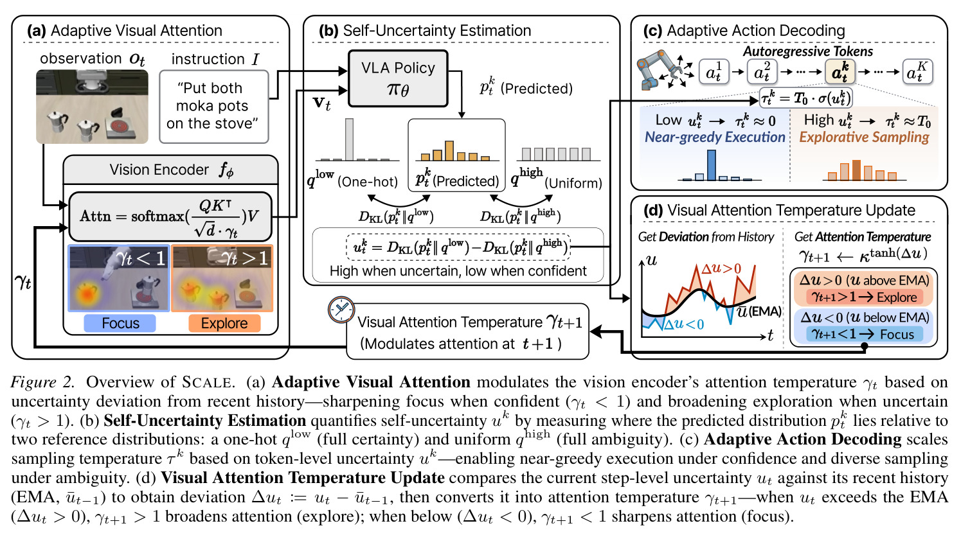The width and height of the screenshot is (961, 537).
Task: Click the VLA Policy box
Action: [x=398, y=78]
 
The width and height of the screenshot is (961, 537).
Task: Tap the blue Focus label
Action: [x=120, y=323]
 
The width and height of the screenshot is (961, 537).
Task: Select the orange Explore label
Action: [x=224, y=323]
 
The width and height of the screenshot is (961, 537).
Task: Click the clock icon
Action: [x=341, y=309]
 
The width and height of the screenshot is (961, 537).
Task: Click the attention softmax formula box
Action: [x=170, y=216]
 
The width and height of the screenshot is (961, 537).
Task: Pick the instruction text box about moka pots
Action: [x=213, y=106]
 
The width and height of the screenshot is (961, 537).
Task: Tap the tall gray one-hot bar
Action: [x=349, y=139]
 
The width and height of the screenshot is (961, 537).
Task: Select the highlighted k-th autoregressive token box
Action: [x=840, y=71]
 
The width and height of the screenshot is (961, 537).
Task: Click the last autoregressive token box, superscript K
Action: [x=918, y=71]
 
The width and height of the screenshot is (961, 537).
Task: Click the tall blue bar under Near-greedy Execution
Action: [x=711, y=164]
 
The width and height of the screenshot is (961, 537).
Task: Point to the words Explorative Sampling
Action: [x=864, y=137]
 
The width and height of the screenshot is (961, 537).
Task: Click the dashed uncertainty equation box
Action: [x=458, y=247]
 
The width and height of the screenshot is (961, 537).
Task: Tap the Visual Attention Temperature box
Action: [x=467, y=331]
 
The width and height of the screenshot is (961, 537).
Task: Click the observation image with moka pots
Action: [x=92, y=107]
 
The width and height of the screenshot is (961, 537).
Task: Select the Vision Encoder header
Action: [x=170, y=170]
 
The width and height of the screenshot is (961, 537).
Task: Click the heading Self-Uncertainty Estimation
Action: [x=436, y=31]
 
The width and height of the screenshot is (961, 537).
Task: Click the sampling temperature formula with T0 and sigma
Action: [x=805, y=98]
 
